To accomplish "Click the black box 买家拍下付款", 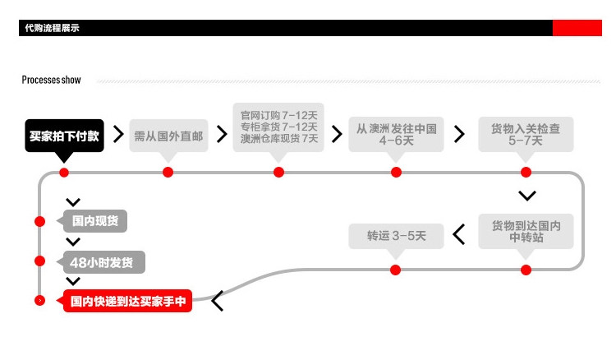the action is coord(64,136).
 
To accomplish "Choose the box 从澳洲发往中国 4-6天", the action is coord(396,134).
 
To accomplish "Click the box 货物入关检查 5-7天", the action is coord(526,134).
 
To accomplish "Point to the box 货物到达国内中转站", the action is coord(526,231).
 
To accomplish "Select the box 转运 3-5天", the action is coord(396,236).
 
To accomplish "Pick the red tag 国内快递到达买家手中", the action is coord(127,302).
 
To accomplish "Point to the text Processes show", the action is coord(51,80).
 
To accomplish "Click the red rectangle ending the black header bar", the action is coord(577,29).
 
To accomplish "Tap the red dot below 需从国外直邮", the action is coord(168,172).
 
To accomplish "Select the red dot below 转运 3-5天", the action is coord(395,270).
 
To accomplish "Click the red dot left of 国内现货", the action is coord(39,221).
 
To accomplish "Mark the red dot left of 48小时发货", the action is coord(39,261).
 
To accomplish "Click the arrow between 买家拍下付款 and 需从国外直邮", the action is coord(118,134).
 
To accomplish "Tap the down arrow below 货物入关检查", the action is coord(527,196).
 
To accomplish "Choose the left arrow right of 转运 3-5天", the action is coord(459,235).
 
